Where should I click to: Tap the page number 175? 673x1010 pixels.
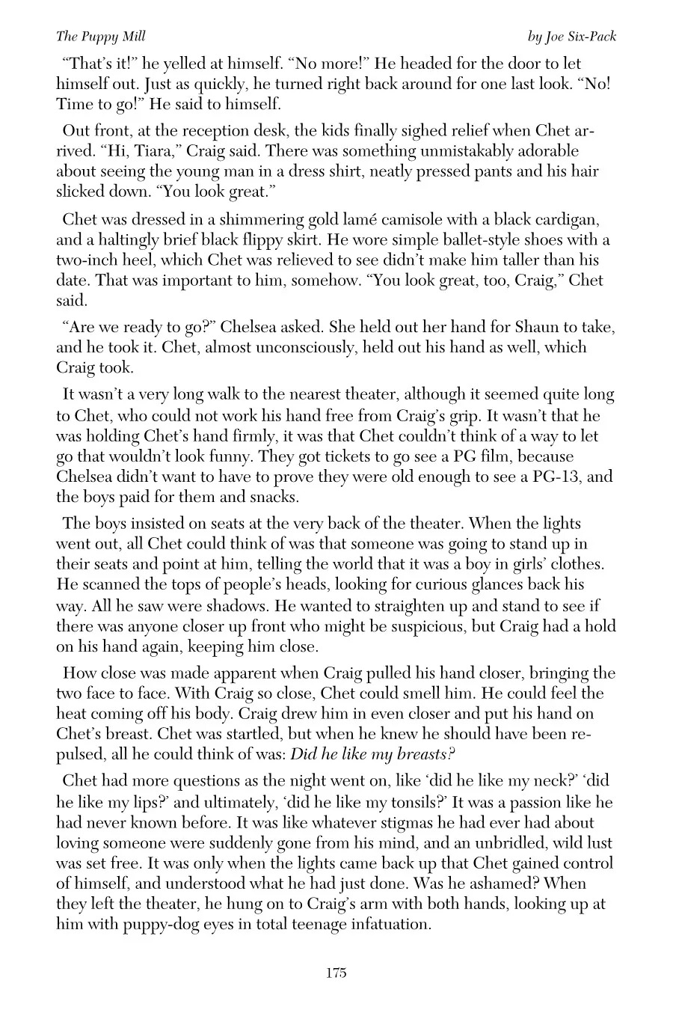(x=336, y=973)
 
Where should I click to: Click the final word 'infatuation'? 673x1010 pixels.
(x=387, y=924)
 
